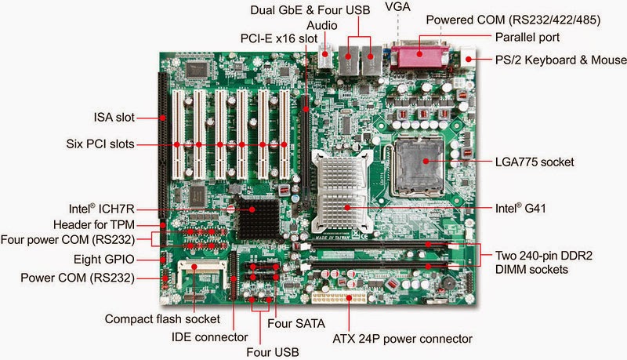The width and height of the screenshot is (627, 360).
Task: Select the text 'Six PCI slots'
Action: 100,144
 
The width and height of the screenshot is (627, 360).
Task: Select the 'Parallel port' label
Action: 531,37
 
